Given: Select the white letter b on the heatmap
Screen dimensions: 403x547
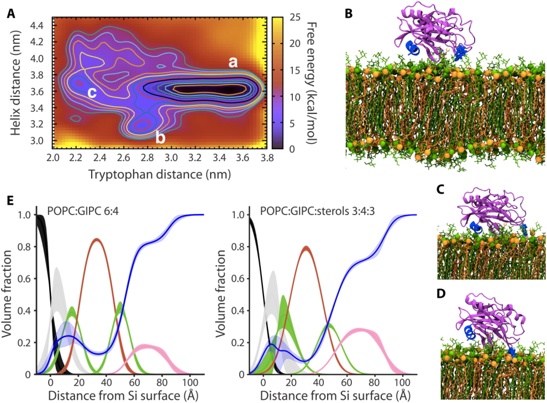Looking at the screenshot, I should tap(160, 138).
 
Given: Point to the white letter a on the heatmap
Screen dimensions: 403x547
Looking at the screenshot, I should tap(233, 62).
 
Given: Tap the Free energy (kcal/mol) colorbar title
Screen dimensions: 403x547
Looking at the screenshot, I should tap(312, 82).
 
